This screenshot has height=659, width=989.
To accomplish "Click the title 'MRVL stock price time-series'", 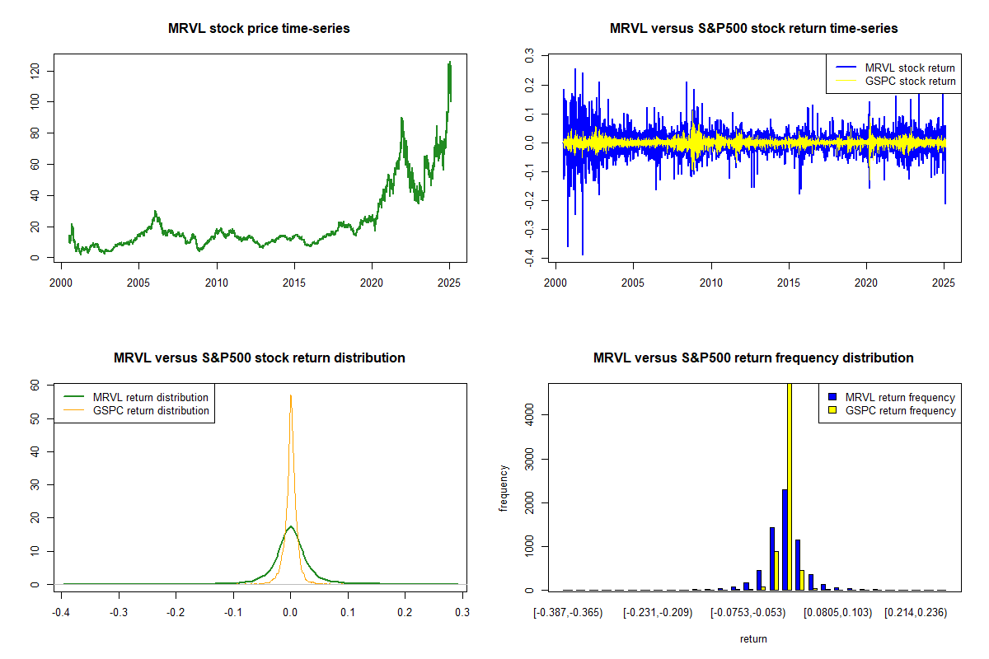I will [x=259, y=29].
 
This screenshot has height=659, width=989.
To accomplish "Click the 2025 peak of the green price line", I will [x=449, y=63].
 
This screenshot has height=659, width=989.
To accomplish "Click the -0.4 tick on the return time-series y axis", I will [x=530, y=259].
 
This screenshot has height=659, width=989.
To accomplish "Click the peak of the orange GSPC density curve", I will [x=290, y=395].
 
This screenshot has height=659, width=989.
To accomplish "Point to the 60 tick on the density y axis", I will [x=35, y=385].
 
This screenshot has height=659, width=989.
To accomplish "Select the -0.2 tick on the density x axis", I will [x=176, y=612].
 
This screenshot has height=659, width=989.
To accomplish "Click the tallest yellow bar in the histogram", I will [x=790, y=486].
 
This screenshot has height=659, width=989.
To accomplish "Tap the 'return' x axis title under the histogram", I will [x=753, y=638].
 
